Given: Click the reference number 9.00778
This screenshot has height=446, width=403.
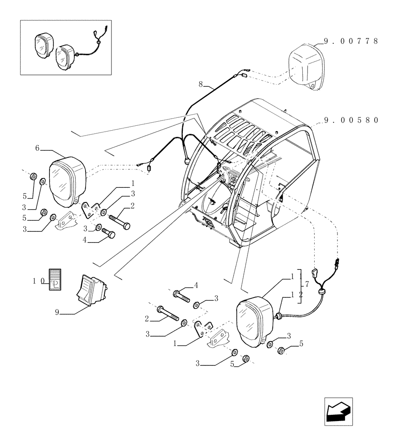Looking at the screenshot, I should (350, 41).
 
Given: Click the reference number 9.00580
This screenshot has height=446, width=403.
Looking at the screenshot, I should (350, 120).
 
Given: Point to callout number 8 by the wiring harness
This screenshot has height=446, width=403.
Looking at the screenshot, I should (201, 83).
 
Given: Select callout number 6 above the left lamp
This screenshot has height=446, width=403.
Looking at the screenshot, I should (37, 148).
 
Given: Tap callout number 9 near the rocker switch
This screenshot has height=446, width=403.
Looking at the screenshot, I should (57, 313).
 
